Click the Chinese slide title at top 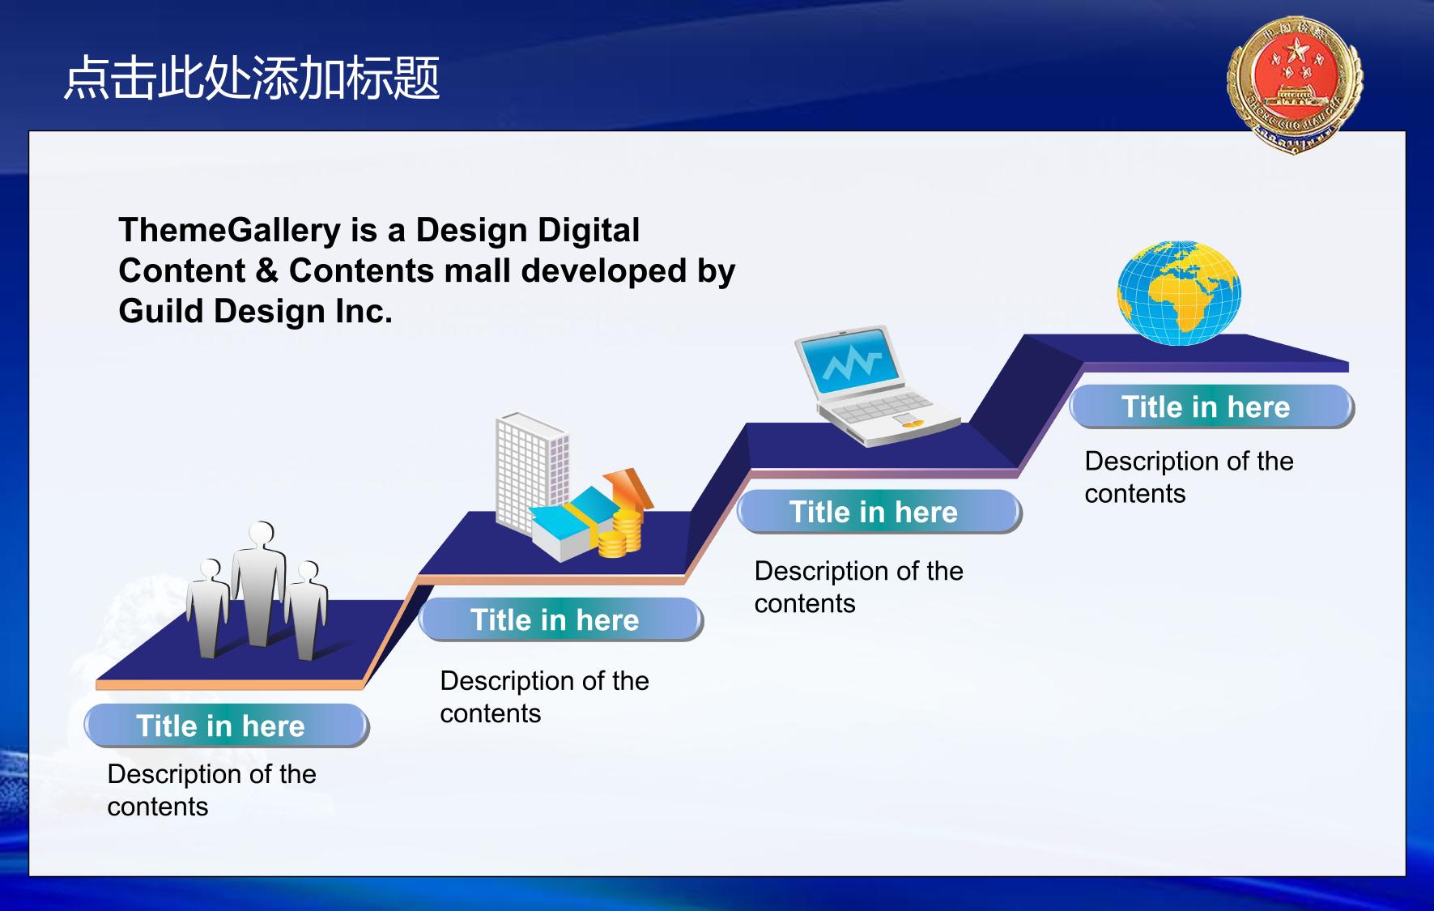[x=252, y=79]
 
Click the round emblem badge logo [x=1295, y=83]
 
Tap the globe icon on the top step [x=1179, y=292]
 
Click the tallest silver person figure [x=259, y=583]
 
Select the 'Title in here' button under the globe [x=1211, y=407]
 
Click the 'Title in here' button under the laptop [x=879, y=512]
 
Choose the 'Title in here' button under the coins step [x=560, y=619]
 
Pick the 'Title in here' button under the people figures [x=226, y=726]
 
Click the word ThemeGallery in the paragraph [x=229, y=231]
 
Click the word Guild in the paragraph [x=160, y=311]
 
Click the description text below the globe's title [x=1189, y=477]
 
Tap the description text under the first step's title [x=211, y=790]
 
